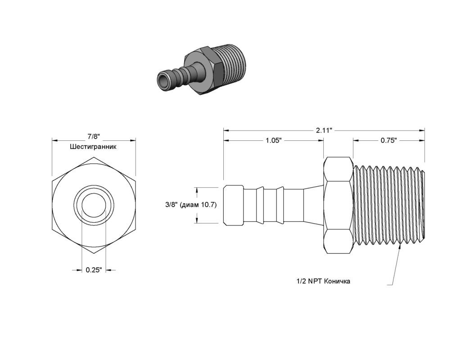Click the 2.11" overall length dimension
[x=324, y=130]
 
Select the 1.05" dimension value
[x=273, y=140]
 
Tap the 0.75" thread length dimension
[x=389, y=140]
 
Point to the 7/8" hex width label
[x=94, y=137]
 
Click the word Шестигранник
[x=93, y=146]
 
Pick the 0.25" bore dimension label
[x=94, y=270]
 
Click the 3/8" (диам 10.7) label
[x=190, y=205]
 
